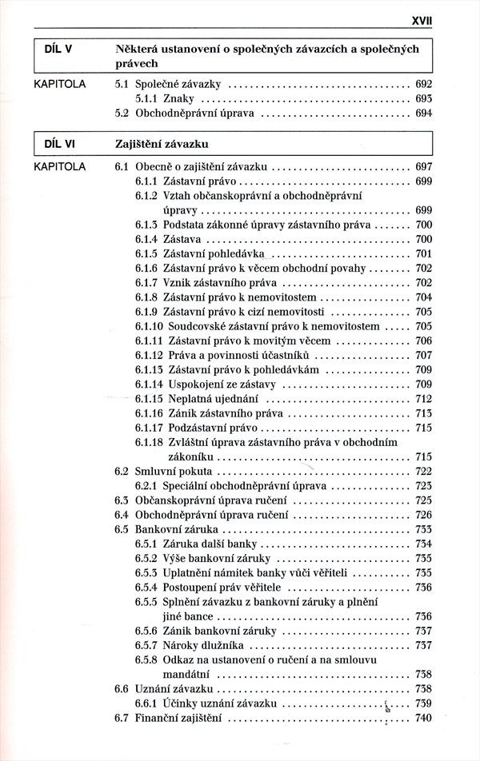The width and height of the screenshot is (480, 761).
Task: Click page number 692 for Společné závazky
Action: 424,83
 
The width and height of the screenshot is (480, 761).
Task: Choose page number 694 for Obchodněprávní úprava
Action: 424,114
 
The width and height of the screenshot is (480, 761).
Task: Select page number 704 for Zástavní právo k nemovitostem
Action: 424,297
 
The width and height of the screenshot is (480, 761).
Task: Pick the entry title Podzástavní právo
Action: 206,428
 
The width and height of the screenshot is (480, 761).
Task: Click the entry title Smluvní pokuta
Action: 167,471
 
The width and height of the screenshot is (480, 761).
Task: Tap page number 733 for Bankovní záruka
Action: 424,529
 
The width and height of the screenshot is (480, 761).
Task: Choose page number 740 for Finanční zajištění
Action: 424,717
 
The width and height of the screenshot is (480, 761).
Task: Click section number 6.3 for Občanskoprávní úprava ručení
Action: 122,500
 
